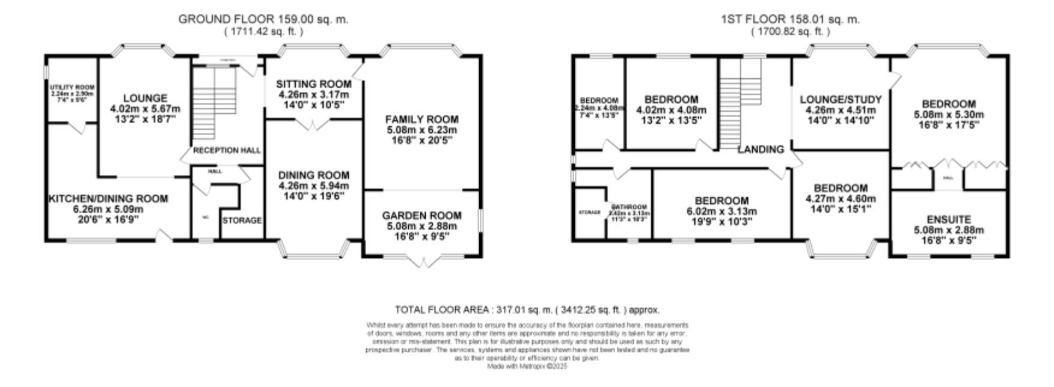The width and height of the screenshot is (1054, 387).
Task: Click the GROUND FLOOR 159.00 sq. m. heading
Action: point(263,19)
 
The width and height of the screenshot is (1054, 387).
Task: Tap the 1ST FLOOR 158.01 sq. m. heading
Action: point(790,19)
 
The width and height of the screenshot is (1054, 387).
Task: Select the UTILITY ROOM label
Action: point(72,88)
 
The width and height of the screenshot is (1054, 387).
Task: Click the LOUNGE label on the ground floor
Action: point(145,98)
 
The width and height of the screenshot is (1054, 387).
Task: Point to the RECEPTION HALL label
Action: point(227,150)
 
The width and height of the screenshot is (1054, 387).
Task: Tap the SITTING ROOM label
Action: point(313,84)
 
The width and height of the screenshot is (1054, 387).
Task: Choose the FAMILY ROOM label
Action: point(421,120)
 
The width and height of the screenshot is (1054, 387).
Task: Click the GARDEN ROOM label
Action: point(421,215)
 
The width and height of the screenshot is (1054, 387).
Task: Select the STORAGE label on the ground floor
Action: point(242,221)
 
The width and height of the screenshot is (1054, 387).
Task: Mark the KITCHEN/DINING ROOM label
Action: point(108,199)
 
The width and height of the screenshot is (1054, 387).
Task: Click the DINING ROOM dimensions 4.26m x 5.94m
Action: point(313,185)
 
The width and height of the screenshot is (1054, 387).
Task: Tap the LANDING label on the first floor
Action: point(761,149)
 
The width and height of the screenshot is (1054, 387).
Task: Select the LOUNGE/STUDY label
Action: point(841,100)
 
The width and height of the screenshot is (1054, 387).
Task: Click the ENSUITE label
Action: point(949,219)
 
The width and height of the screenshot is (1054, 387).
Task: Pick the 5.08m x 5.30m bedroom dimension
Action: point(949,114)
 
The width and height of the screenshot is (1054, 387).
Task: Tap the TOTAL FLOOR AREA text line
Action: point(527,310)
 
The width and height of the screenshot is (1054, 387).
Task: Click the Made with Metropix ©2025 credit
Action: point(527,366)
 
